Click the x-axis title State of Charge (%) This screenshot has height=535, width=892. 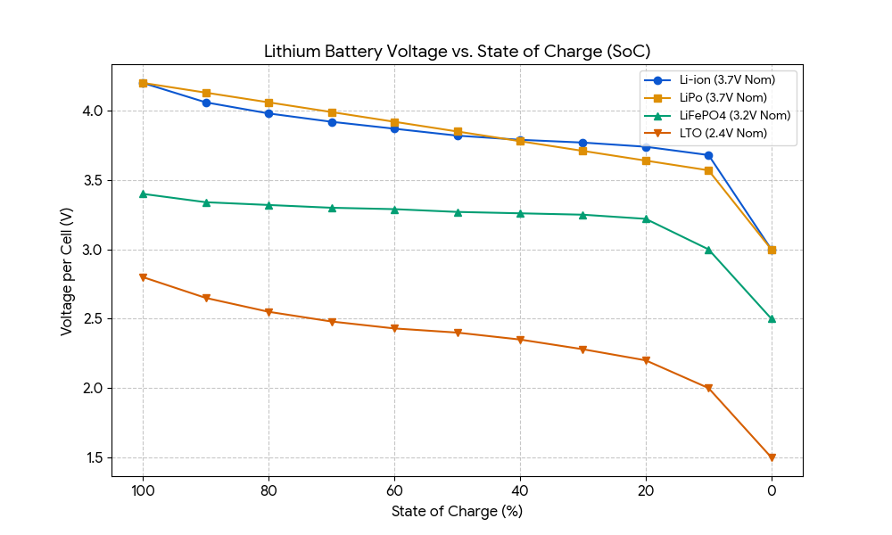[x=457, y=511]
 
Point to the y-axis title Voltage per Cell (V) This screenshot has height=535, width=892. [x=67, y=271]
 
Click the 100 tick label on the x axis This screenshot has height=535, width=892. [x=143, y=490]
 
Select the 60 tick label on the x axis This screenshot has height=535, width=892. [x=394, y=490]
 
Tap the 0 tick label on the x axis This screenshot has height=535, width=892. [x=772, y=490]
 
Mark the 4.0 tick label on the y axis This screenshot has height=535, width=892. [x=93, y=111]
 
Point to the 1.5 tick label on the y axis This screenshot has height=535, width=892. [x=93, y=457]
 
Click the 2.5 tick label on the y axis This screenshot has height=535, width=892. [x=93, y=319]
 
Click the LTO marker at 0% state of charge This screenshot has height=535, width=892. [x=772, y=457]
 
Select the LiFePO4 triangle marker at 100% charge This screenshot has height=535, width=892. [x=143, y=193]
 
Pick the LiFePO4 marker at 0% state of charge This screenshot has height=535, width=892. [x=772, y=318]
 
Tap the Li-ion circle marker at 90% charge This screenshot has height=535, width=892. [x=206, y=103]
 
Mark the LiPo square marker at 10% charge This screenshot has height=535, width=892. [x=708, y=170]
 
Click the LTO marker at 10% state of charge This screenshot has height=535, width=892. [x=708, y=388]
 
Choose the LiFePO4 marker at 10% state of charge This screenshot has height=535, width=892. [x=708, y=250]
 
